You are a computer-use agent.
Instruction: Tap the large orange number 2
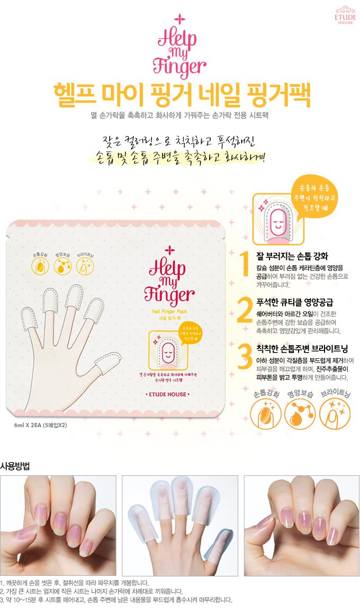coord(244,311)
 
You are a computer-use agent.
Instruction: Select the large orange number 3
coord(244,356)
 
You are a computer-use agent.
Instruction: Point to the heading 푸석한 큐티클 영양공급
coord(295,303)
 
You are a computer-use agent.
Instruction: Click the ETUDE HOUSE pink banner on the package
coord(167,394)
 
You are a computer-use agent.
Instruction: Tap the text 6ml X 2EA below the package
coord(41,425)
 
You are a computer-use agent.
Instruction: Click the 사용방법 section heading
coord(15,466)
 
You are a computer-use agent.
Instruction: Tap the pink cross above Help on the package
coord(169,250)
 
